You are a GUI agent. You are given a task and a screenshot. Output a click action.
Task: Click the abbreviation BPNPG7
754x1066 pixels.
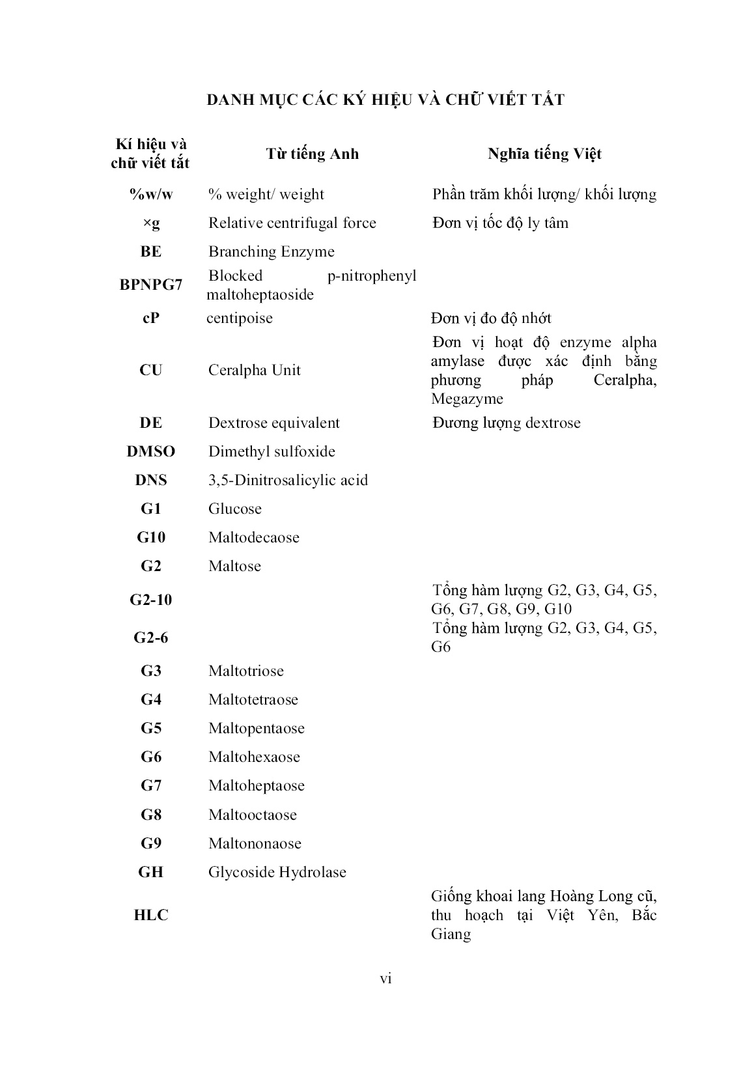(150, 285)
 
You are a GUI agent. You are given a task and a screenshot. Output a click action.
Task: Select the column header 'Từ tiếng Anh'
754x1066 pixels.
(312, 154)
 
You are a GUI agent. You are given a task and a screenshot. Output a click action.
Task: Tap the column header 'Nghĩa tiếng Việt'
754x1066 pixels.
(544, 154)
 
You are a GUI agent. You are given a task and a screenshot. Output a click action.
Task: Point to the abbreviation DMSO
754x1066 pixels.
(150, 451)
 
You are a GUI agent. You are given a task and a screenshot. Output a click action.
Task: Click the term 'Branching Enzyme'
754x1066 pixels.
(271, 251)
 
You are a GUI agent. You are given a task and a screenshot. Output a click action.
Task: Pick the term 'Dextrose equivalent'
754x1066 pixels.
(273, 423)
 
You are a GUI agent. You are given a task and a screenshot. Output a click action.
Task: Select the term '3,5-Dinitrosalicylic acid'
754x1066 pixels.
(288, 480)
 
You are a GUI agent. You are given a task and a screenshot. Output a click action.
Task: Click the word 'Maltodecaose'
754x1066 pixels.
(253, 537)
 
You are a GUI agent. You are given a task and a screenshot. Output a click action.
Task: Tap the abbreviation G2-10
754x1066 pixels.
(150, 599)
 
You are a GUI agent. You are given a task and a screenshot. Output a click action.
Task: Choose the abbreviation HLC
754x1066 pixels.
(150, 915)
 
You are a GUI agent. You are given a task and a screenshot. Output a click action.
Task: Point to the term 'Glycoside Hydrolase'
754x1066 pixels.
(277, 872)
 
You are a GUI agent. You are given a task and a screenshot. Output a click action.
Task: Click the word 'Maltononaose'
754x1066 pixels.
(255, 843)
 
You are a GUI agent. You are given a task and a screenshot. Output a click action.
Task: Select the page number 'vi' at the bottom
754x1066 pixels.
(385, 978)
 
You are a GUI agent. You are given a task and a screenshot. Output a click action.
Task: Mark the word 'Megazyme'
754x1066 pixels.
(467, 399)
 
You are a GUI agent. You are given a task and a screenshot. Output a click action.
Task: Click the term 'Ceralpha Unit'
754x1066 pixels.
(254, 370)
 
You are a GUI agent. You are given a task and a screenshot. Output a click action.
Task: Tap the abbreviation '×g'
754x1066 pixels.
(150, 223)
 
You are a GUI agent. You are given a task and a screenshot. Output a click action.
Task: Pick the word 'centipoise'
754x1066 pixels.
(240, 318)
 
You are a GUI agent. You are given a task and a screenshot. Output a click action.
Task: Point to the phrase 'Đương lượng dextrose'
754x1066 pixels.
(506, 423)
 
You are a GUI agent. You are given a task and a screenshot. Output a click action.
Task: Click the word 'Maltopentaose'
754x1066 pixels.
(256, 728)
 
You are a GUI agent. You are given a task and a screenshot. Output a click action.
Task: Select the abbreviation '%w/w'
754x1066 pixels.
(150, 194)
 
